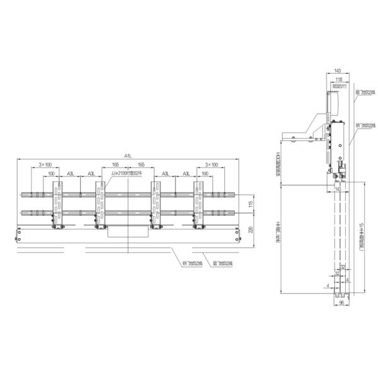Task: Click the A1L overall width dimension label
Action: click(x=128, y=155)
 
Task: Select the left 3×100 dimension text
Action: click(x=45, y=164)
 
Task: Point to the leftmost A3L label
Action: click(x=71, y=173)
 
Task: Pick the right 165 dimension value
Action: click(x=140, y=164)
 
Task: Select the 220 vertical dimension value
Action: click(x=250, y=229)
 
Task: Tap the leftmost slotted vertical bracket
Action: click(x=58, y=203)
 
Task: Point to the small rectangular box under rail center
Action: click(x=128, y=232)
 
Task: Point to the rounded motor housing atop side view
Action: click(x=331, y=101)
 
